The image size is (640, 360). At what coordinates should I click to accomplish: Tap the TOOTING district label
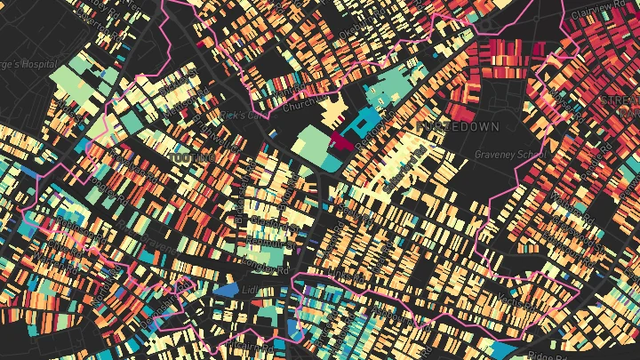pyautogui.click(x=191, y=157)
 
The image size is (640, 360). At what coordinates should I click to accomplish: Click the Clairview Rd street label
pyautogui.click(x=597, y=8)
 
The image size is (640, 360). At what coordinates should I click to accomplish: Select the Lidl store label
pyautogui.click(x=251, y=291)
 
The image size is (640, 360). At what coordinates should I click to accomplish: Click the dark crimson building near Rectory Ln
pyautogui.click(x=341, y=140)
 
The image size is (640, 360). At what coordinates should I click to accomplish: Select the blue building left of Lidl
pyautogui.click(x=226, y=290)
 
